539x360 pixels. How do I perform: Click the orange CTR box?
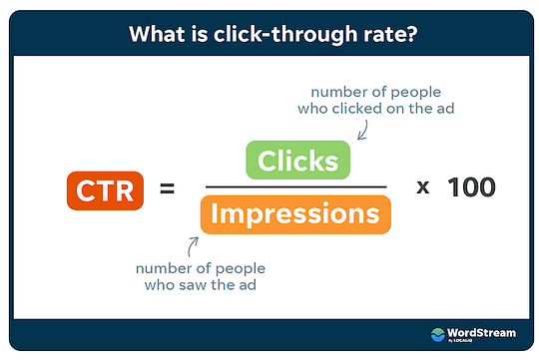(x=105, y=188)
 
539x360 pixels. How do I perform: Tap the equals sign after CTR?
(x=168, y=187)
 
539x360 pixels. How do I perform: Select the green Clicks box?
(x=297, y=160)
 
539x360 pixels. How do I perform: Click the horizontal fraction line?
(x=295, y=186)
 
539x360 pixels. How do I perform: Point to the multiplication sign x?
(x=422, y=187)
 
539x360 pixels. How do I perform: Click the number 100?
(x=470, y=186)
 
